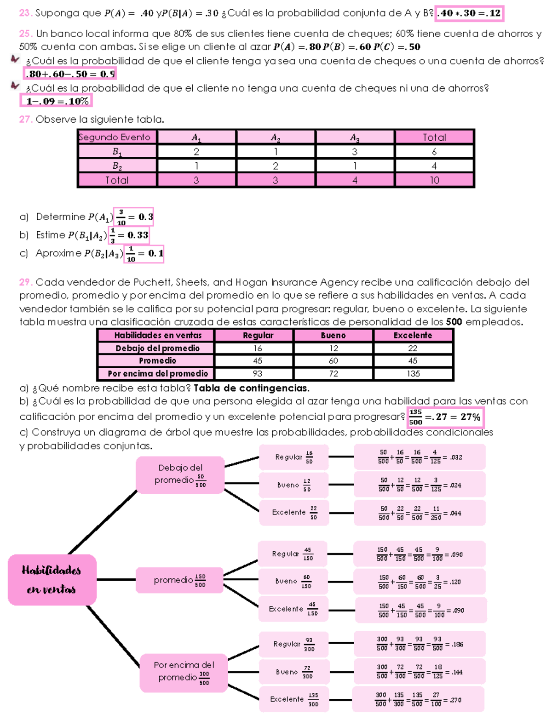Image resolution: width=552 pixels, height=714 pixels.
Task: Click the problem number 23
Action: pos(25,13)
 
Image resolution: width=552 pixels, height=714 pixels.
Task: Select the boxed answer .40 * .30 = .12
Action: pos(469,13)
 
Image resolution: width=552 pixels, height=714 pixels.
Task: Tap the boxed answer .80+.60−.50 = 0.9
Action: pos(70,74)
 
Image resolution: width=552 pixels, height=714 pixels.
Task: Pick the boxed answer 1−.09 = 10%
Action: pos(56,101)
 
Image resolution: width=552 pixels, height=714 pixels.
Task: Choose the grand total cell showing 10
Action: pos(434,180)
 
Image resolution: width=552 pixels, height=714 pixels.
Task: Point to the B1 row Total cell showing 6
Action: pos(434,151)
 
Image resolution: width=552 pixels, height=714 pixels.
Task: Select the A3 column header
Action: pos(355,137)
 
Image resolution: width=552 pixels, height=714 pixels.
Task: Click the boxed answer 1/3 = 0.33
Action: pos(129,235)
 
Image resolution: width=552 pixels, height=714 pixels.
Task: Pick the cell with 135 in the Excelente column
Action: pos(413,374)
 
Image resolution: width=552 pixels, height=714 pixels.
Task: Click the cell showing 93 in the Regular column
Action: pos(257,374)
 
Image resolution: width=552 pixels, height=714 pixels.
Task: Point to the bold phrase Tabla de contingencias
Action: pos(251,388)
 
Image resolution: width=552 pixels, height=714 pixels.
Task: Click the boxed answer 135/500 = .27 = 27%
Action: pos(446,417)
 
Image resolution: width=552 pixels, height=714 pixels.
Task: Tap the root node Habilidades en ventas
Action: pos(52,580)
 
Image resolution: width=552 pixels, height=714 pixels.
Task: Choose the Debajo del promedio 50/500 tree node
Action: pos(180,475)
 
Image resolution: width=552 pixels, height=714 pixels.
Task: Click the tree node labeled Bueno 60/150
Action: pos(293,582)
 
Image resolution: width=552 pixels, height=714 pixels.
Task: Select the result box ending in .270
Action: pos(419,699)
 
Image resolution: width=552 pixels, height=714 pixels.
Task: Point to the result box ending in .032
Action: pos(420,457)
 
